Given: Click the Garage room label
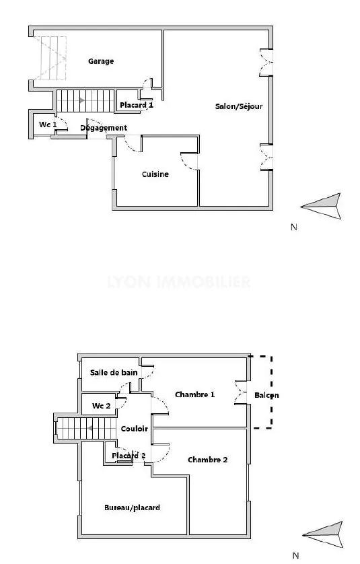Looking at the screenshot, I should point(101,61).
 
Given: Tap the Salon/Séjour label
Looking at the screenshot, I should point(238,106).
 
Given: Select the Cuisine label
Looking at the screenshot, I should point(155,174).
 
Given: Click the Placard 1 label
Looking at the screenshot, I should point(137,105).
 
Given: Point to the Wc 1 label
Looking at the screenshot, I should point(47,125).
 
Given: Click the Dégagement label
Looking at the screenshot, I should point(104,128).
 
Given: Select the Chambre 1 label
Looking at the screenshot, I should point(194,394).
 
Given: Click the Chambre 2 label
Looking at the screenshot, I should point(207,460).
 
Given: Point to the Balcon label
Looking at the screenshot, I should point(266,395).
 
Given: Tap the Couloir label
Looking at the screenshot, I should point(135,429).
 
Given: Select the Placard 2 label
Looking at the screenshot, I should point(129,456).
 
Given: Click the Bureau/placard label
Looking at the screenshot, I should point(132,507).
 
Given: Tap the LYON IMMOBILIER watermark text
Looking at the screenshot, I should point(179,282).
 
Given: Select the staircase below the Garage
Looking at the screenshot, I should point(77,101).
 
